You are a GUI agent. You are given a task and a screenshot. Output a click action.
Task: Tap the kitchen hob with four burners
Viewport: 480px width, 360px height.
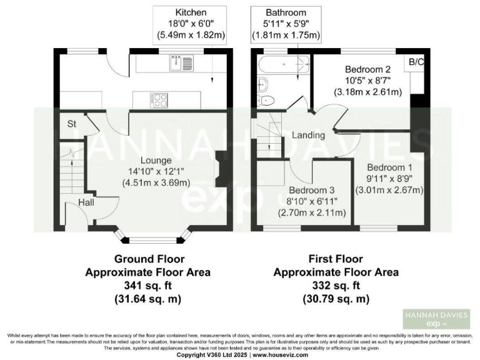pos(157,99)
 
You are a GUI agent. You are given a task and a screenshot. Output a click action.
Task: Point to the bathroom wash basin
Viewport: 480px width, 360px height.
pos(262,84)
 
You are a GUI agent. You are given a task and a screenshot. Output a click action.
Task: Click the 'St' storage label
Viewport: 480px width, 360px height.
pos(72,124)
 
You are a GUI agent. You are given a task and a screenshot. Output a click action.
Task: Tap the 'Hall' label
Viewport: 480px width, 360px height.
pos(86,202)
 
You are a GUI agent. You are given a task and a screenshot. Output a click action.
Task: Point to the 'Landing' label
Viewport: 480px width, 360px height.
pos(309,135)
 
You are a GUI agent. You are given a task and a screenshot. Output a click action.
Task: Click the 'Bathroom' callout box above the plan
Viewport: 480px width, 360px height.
pos(286,24)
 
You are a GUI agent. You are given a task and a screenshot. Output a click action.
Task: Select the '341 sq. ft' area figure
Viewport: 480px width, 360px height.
pos(147,286)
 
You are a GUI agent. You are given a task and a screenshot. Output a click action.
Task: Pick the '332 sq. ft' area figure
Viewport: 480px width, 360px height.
pos(336,286)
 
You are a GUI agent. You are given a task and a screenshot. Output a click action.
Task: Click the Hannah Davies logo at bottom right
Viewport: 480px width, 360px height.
pos(436,319)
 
